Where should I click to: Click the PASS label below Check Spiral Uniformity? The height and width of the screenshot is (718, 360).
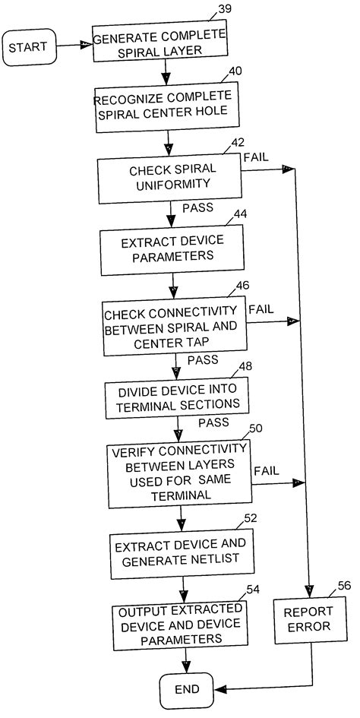(197, 207)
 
